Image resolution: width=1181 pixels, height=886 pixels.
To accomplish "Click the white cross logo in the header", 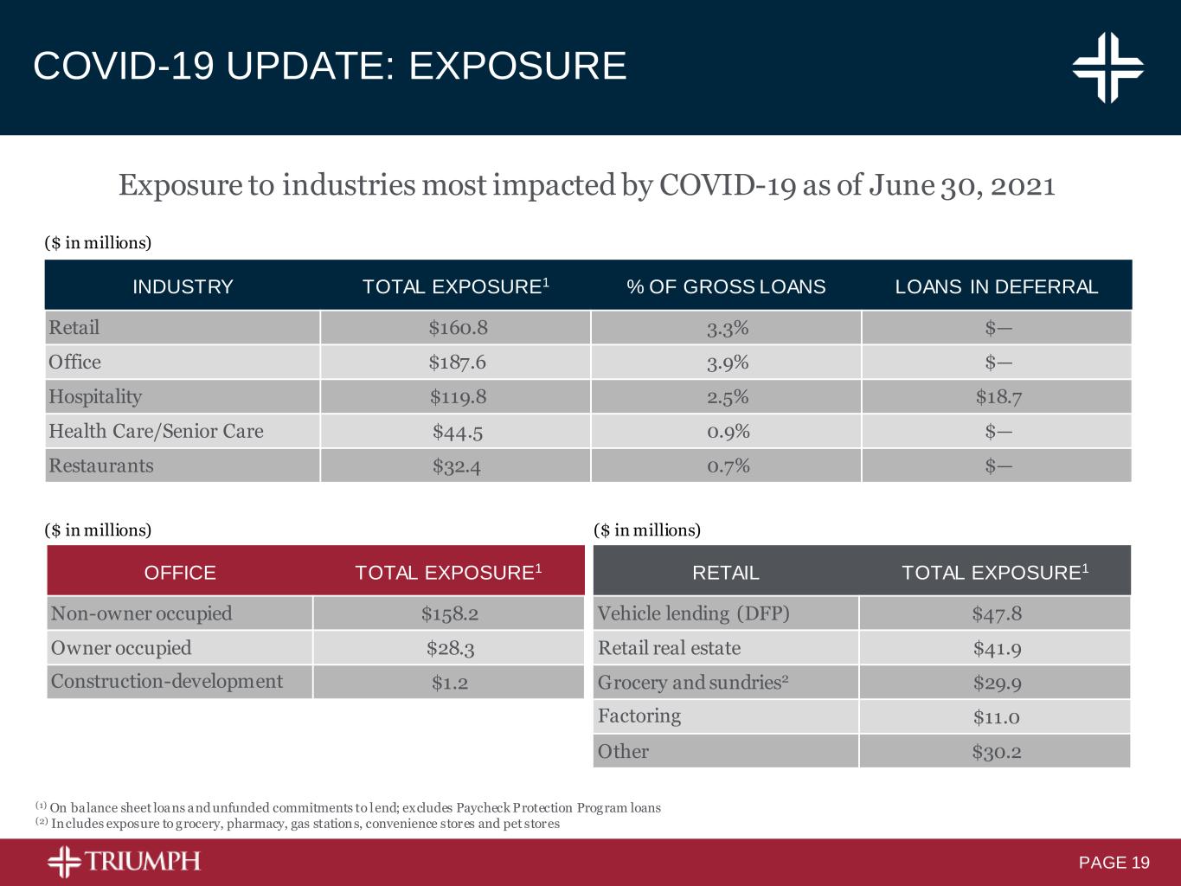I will click(x=1107, y=67).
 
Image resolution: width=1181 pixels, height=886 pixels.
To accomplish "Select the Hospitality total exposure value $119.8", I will click(x=458, y=397).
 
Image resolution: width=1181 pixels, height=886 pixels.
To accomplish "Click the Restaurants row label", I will click(x=101, y=465).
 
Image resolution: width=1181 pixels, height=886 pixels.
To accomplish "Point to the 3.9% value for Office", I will click(x=727, y=363).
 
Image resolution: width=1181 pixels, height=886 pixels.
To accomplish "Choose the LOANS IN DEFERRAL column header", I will click(x=997, y=287).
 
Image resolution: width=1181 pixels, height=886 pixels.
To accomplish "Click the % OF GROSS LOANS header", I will click(x=726, y=287).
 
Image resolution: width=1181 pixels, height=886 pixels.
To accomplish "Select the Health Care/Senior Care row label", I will click(x=156, y=431).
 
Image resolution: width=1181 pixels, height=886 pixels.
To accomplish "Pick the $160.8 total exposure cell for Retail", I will click(x=458, y=328).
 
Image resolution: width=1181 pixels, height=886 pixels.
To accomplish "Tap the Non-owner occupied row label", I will click(x=142, y=613).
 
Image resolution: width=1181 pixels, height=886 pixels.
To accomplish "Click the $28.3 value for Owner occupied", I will click(x=450, y=648).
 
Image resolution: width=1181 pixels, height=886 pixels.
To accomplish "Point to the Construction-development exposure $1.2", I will click(x=450, y=683).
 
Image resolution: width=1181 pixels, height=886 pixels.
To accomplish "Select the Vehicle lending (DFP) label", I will click(x=694, y=613).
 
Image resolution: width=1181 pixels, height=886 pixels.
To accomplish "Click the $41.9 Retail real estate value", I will click(x=997, y=648).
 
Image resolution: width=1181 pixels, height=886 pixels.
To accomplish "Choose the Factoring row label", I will click(x=639, y=716).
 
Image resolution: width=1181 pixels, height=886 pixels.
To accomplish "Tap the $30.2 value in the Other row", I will click(x=997, y=751).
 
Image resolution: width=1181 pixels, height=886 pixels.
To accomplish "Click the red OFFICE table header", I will click(x=180, y=573).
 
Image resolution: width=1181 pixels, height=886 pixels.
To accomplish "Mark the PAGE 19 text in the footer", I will click(x=1114, y=863).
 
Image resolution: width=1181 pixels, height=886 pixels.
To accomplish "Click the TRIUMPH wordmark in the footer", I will click(x=143, y=862).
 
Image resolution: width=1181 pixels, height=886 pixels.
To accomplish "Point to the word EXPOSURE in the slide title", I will click(x=517, y=67).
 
